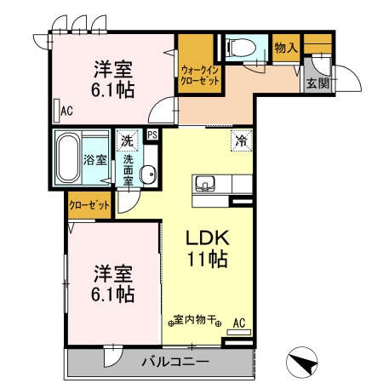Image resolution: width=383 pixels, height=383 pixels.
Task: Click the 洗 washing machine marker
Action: click(x=128, y=141)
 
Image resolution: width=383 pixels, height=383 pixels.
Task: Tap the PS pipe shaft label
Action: click(x=152, y=134)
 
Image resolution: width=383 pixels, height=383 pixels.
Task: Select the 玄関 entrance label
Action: click(x=316, y=83)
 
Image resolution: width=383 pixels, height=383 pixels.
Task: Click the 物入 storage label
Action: click(x=285, y=48)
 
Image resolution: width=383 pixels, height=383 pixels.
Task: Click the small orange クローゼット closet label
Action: click(x=89, y=204)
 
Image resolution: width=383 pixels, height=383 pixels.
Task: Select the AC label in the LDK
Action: click(x=239, y=322)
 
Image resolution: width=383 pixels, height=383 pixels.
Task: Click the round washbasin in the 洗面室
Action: click(x=148, y=174)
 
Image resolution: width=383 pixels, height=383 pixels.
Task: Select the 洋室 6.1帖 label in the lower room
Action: click(x=113, y=283)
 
